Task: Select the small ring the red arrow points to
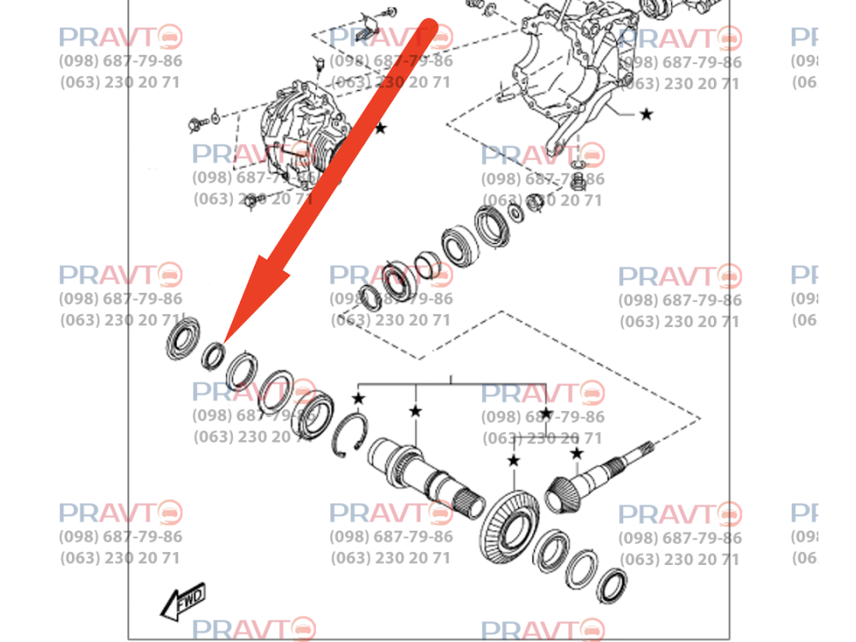[x=213, y=354]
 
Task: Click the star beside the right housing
[x=646, y=114]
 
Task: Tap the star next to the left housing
[x=380, y=128]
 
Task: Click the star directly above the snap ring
[x=358, y=399]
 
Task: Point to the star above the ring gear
[x=513, y=461]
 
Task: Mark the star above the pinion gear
[x=577, y=453]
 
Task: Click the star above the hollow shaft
[x=415, y=411]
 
